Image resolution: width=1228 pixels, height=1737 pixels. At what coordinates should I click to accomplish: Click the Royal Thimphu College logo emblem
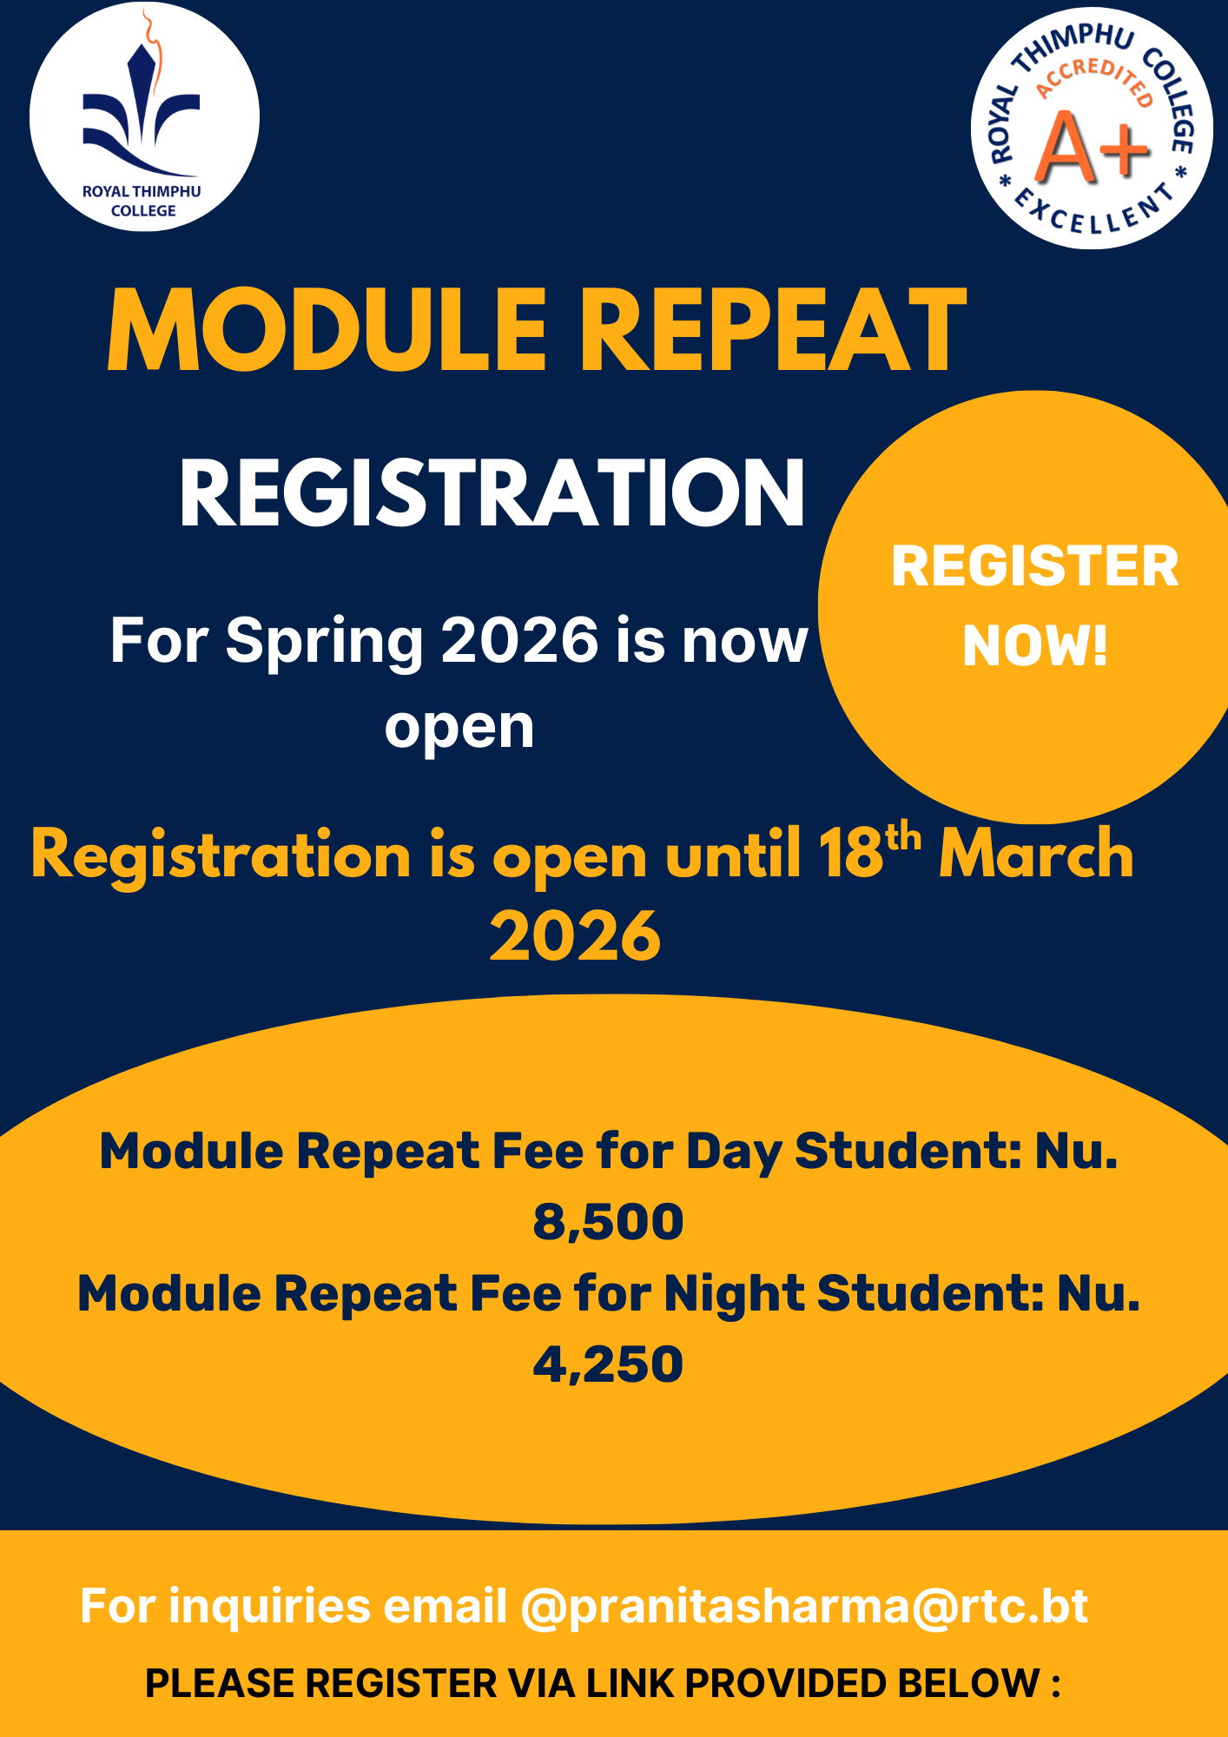pos(144,116)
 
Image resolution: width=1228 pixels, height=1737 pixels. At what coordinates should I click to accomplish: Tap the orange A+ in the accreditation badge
pos(1093,148)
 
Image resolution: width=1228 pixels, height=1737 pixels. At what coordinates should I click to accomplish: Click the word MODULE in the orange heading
pos(327,330)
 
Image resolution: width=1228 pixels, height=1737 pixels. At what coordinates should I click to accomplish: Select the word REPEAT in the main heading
pos(773,330)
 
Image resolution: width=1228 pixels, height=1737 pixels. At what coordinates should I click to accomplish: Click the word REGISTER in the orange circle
pos(1035,566)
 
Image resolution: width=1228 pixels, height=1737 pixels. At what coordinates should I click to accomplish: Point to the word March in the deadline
pos(1037,854)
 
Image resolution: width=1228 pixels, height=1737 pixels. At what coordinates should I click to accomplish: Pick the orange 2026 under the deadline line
pos(575,936)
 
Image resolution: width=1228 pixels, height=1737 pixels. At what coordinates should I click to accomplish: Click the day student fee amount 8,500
pos(608,1222)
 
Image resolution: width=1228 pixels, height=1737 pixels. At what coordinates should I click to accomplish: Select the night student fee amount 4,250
pos(608,1364)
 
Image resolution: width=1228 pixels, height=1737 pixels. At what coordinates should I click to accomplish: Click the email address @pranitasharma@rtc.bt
pos(804,1606)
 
